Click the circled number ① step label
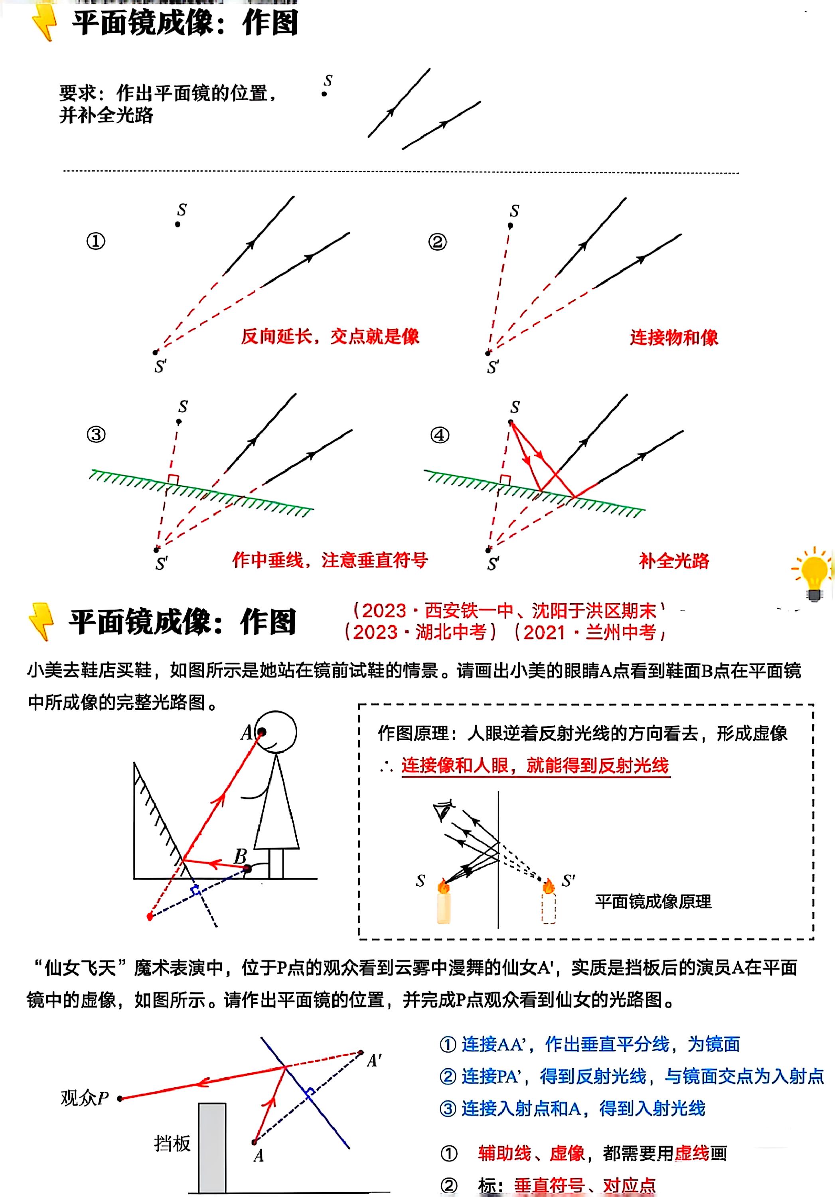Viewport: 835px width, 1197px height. [95, 241]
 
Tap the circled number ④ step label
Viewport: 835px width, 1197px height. [439, 435]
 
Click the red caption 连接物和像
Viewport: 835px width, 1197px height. [673, 337]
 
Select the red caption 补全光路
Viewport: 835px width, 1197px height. [673, 561]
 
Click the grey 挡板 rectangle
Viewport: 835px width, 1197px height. [212, 1147]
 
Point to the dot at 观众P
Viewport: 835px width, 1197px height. [120, 1098]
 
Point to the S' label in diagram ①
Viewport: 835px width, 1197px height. [160, 367]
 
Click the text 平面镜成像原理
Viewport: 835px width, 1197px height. [653, 902]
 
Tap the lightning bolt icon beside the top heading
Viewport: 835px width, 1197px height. [44, 22]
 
